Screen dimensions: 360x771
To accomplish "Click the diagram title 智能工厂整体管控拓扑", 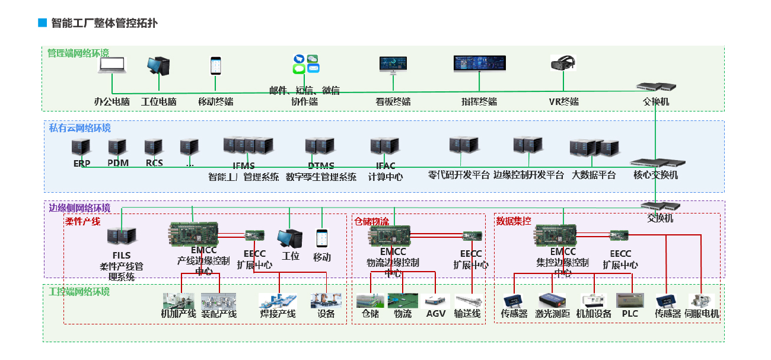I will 104,24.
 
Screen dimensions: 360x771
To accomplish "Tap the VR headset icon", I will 563,63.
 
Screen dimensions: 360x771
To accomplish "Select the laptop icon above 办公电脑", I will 112,65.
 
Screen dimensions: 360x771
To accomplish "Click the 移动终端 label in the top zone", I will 216,101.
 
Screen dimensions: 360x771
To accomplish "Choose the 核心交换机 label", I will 655,176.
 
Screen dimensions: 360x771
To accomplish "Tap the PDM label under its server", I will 118,163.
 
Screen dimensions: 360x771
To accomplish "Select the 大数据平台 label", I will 593,176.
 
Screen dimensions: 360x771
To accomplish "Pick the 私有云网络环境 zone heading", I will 79,128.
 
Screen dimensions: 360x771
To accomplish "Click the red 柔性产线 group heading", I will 83,221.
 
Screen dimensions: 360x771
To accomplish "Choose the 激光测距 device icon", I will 552,300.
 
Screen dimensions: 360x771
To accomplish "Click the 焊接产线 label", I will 278,314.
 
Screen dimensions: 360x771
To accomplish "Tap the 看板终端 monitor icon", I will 393,64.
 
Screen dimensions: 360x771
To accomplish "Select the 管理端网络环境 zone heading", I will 78,53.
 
